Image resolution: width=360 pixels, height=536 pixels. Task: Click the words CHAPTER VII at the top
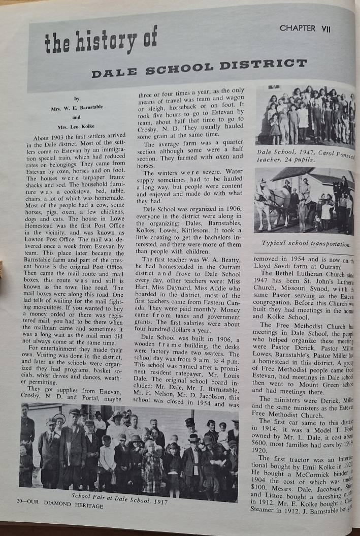[305, 28]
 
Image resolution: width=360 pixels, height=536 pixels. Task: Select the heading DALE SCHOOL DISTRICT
[199, 68]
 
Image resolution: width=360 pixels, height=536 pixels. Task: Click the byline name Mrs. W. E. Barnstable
[77, 108]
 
